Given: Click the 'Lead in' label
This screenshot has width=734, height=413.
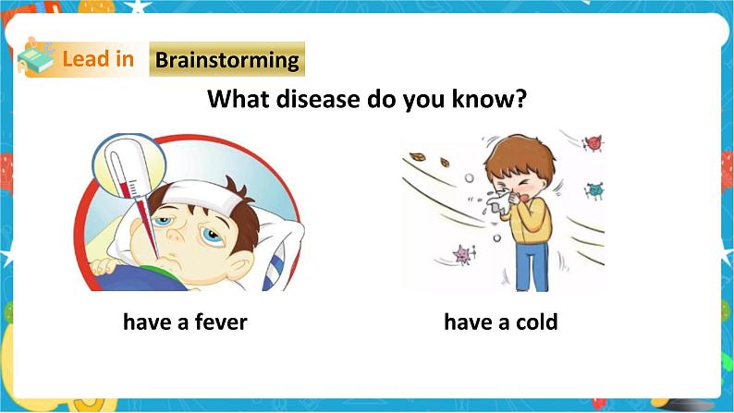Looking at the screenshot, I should (x=97, y=60).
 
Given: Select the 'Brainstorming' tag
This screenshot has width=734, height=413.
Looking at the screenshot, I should (x=226, y=60).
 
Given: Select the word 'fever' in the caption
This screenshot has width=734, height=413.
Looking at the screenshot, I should (x=219, y=322).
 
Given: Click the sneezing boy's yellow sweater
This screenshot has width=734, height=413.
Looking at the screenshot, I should (x=531, y=222).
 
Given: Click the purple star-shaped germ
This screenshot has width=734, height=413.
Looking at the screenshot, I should (x=459, y=252).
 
